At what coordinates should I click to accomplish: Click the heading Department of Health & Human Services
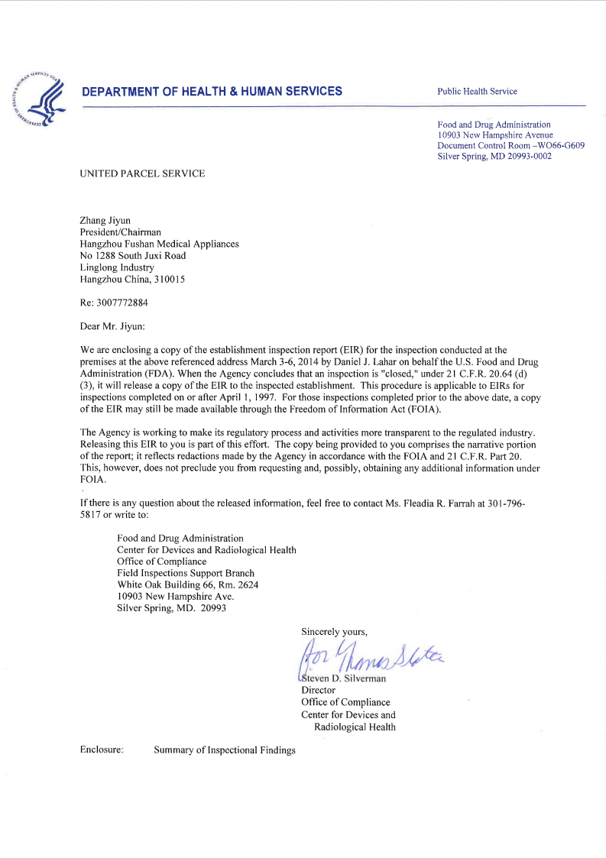point(212,92)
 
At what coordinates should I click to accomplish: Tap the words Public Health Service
point(477,92)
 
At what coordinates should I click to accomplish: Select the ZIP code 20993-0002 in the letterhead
point(523,157)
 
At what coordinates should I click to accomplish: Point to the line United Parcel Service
point(142,173)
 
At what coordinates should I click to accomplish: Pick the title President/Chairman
point(121,232)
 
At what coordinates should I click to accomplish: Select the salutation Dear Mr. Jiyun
point(112,326)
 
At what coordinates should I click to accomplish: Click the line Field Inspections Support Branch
point(186,573)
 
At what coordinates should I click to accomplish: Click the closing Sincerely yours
point(334,631)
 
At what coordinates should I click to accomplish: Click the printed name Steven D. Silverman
point(344,678)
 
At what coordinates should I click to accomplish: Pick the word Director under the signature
point(318,690)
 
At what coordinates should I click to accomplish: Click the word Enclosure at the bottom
point(102,750)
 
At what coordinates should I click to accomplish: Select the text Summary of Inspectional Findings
point(224,750)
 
